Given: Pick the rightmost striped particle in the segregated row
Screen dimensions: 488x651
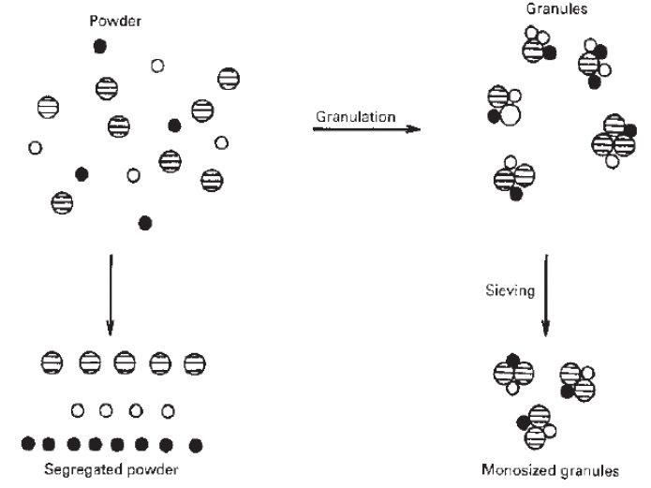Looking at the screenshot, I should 195,362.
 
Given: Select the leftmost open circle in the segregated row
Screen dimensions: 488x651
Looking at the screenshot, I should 78,409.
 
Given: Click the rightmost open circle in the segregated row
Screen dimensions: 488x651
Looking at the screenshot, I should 168,409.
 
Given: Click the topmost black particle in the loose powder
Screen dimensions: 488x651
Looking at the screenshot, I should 100,46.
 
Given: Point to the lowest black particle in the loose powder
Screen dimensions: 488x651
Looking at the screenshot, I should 144,222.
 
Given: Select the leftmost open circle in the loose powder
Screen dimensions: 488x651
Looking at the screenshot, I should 35,148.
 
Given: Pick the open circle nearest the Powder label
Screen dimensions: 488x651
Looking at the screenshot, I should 157,66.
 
